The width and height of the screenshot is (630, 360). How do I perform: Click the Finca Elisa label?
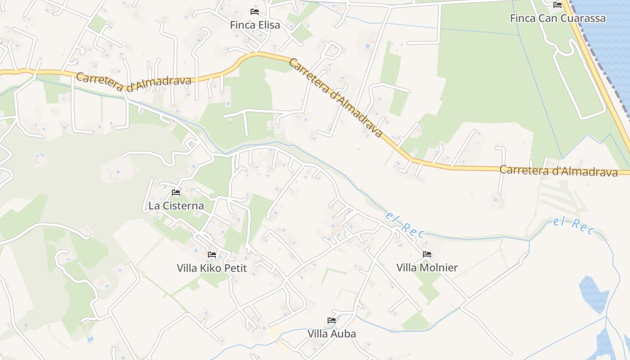pos(255,25)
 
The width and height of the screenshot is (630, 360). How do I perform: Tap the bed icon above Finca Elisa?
pos(255,11)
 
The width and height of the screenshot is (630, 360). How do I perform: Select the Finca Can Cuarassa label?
pos(558,18)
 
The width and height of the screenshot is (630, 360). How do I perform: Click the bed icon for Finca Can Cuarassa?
pos(558,5)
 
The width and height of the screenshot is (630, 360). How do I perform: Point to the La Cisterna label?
pos(176,206)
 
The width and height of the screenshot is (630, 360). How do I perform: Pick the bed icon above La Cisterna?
pos(176,193)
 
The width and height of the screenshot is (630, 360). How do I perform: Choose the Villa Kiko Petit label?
pos(212,268)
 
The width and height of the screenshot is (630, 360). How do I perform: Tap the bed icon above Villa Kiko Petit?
pos(212,255)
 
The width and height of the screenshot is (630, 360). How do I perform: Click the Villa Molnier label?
pos(427,268)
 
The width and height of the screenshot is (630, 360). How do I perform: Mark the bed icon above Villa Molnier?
pos(427,254)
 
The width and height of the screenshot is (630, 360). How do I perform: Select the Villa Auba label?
pos(332,334)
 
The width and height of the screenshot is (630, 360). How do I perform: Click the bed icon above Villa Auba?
pos(332,320)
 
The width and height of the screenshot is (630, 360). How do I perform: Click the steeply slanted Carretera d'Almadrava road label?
pos(335,99)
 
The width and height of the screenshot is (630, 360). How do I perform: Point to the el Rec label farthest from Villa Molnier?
pos(574,225)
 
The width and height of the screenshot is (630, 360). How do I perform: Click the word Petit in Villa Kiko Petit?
pos(237,268)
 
